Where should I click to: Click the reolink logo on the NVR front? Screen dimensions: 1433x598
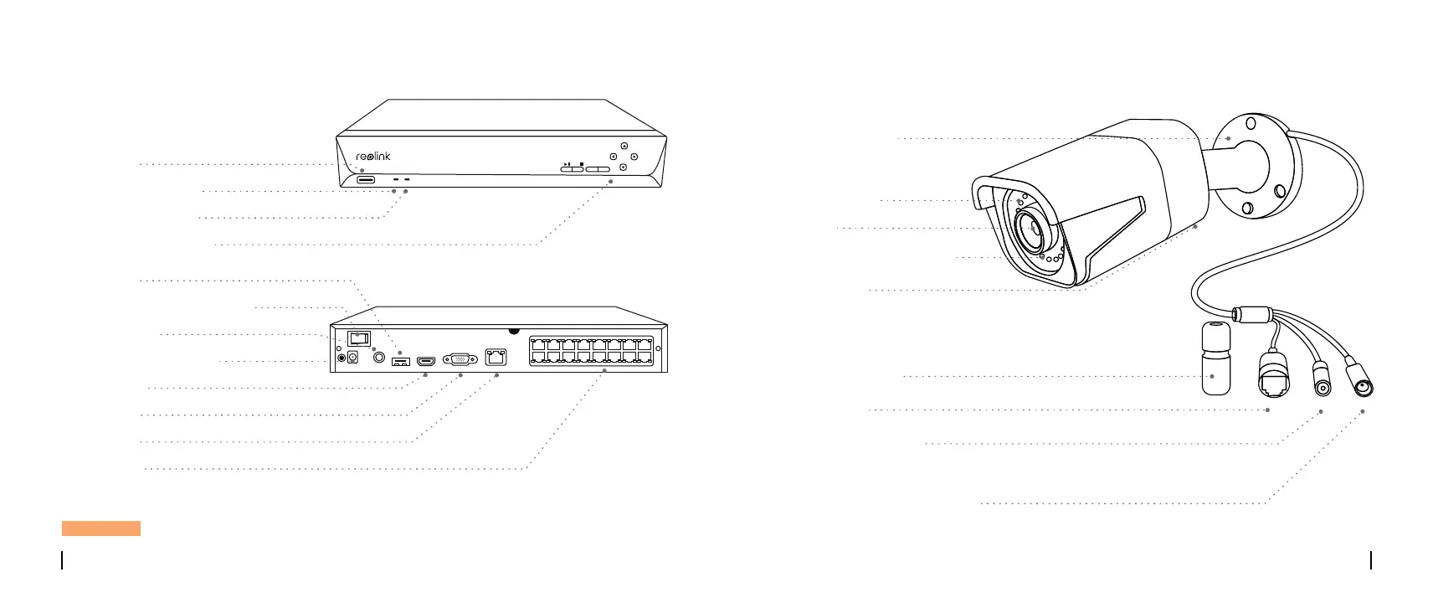tap(373, 157)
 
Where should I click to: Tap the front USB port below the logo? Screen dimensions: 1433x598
tap(366, 179)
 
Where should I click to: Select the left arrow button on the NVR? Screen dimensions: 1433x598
tap(614, 157)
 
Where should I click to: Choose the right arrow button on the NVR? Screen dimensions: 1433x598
tap(634, 157)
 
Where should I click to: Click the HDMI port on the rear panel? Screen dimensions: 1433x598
tap(427, 361)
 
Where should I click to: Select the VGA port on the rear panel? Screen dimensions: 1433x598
tap(460, 360)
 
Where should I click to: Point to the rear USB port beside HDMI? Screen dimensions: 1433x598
tap(401, 362)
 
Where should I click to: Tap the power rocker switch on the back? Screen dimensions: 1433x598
tap(357, 338)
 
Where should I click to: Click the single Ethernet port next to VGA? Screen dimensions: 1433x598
tap(496, 358)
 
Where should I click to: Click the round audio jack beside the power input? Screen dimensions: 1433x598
tap(382, 358)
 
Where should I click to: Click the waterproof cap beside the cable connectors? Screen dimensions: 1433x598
tap(1218, 358)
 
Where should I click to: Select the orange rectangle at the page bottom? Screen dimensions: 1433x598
tap(100, 528)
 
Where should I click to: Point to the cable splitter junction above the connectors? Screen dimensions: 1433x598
tap(1254, 316)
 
